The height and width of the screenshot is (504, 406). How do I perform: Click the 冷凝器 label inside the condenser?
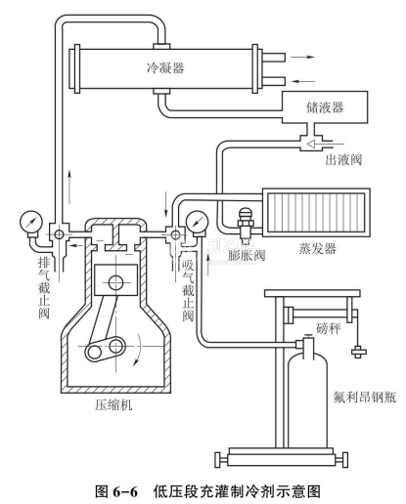click(x=165, y=67)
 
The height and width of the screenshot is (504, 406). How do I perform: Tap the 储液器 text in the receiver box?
click(x=325, y=106)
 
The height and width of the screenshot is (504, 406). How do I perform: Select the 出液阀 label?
click(x=343, y=159)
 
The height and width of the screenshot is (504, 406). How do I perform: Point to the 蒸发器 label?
click(x=317, y=248)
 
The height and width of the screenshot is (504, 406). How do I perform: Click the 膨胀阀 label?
click(x=247, y=255)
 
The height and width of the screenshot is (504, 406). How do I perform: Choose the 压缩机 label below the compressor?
click(x=113, y=404)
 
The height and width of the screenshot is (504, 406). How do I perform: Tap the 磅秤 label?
click(x=329, y=328)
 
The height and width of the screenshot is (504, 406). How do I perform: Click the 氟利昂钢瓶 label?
click(x=365, y=398)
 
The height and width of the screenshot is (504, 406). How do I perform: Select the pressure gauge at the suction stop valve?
click(x=197, y=222)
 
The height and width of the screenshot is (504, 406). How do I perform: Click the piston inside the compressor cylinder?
click(x=115, y=280)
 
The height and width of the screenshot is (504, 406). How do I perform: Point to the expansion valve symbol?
click(x=246, y=224)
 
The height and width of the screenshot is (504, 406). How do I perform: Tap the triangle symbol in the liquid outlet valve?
click(x=312, y=144)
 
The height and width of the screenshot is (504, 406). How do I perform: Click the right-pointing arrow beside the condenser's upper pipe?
click(x=302, y=57)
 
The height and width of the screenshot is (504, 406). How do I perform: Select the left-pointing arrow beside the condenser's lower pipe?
click(x=303, y=81)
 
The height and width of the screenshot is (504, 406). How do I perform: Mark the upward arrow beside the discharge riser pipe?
click(x=69, y=187)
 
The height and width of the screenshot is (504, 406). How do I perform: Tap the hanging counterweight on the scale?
click(x=358, y=352)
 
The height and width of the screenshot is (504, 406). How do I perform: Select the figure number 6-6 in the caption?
click(x=125, y=491)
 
